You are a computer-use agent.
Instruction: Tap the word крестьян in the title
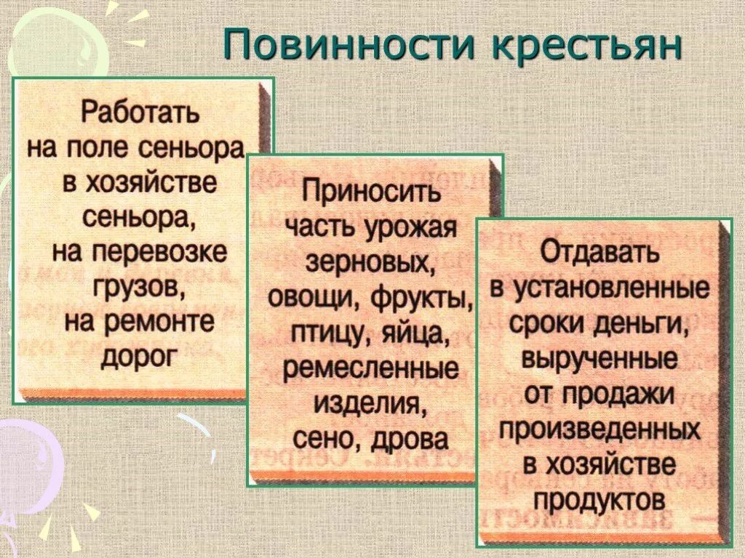pos(588,45)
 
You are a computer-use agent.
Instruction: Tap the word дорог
pos(140,356)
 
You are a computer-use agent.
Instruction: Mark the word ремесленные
pos(371,369)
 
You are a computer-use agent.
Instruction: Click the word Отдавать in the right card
pos(600,254)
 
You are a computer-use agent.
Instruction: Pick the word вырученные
pos(600,359)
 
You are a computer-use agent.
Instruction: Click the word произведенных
pos(600,429)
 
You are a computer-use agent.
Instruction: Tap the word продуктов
pos(600,500)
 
